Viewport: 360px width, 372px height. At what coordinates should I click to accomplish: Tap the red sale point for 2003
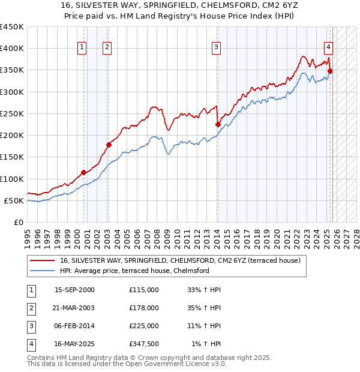(x=109, y=145)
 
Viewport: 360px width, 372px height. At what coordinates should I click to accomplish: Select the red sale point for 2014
(x=218, y=124)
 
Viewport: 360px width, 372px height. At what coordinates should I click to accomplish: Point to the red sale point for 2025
(x=330, y=71)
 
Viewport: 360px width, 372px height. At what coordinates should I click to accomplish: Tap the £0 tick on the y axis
(x=19, y=222)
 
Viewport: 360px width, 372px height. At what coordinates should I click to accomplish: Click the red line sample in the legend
(x=43, y=260)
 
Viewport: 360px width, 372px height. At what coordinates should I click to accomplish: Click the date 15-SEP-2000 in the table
(x=74, y=290)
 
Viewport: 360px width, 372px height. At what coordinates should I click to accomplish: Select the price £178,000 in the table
(x=143, y=308)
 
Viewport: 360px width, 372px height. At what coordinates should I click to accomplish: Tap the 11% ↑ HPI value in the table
(x=204, y=326)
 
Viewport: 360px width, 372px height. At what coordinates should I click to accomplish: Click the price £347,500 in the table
(x=143, y=344)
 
